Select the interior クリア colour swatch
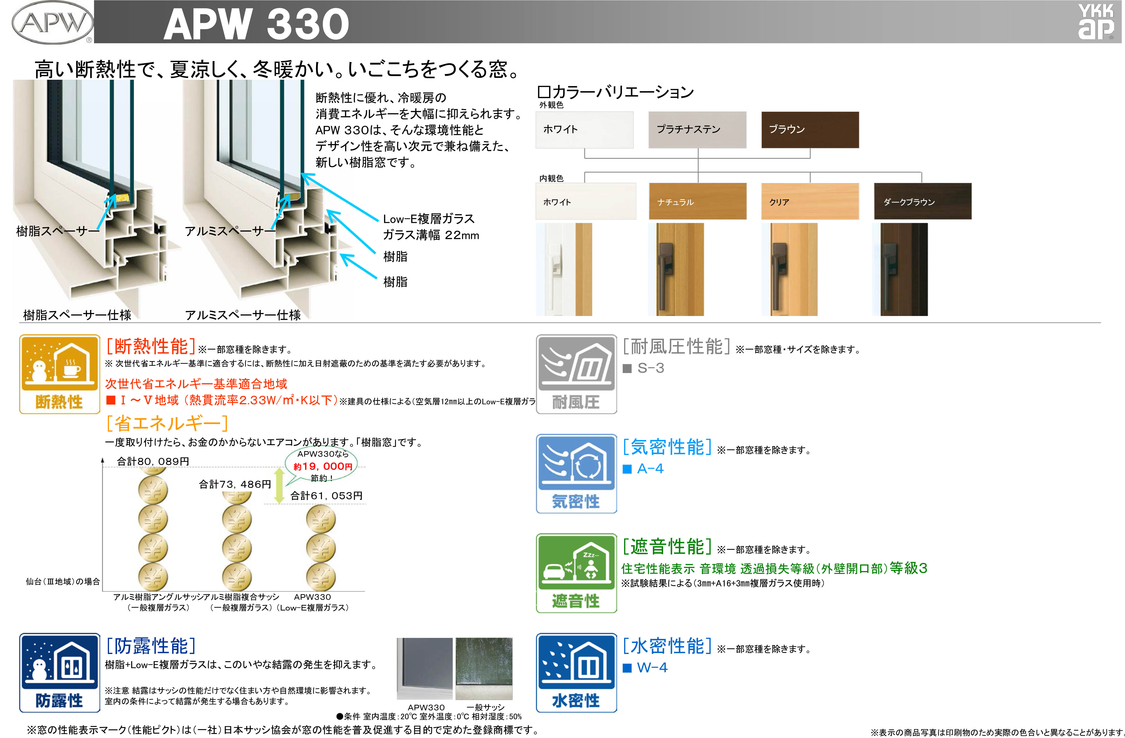tap(810, 201)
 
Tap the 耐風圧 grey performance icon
tap(576, 374)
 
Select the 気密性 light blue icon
tap(576, 473)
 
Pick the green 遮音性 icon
tap(576, 573)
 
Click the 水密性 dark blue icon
tap(576, 673)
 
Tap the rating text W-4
tap(652, 668)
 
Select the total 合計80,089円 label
tap(153, 461)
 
